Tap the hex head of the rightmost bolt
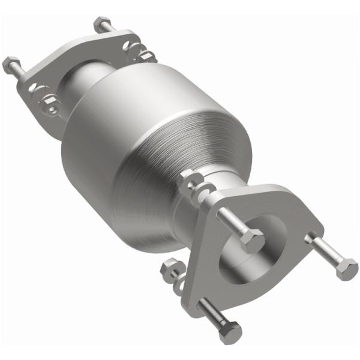(x=346, y=268)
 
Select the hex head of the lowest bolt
(x=230, y=332)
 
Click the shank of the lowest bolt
(x=210, y=313)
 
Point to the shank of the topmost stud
(x=111, y=33)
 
